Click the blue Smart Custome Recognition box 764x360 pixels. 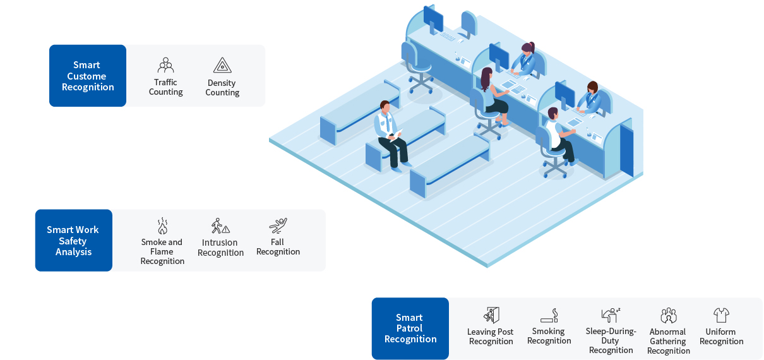(x=88, y=76)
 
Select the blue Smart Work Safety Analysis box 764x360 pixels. (x=73, y=241)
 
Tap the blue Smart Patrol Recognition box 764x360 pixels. (x=410, y=328)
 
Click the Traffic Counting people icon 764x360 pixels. (x=166, y=65)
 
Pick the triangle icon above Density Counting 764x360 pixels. (x=222, y=65)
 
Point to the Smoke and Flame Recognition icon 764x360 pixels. (x=162, y=226)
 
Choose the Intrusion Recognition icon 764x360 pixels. (x=220, y=226)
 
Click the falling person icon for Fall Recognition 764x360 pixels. (x=278, y=225)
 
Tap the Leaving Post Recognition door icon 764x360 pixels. (x=491, y=315)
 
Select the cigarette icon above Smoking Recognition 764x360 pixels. (x=549, y=315)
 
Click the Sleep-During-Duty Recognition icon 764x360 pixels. (x=611, y=315)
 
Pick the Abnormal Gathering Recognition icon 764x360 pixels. (x=668, y=315)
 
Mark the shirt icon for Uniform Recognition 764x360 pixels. (x=721, y=315)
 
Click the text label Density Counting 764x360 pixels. (x=222, y=88)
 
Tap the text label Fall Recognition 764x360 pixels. (x=278, y=247)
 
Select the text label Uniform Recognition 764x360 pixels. (x=721, y=337)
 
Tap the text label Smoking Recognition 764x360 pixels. (x=549, y=336)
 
